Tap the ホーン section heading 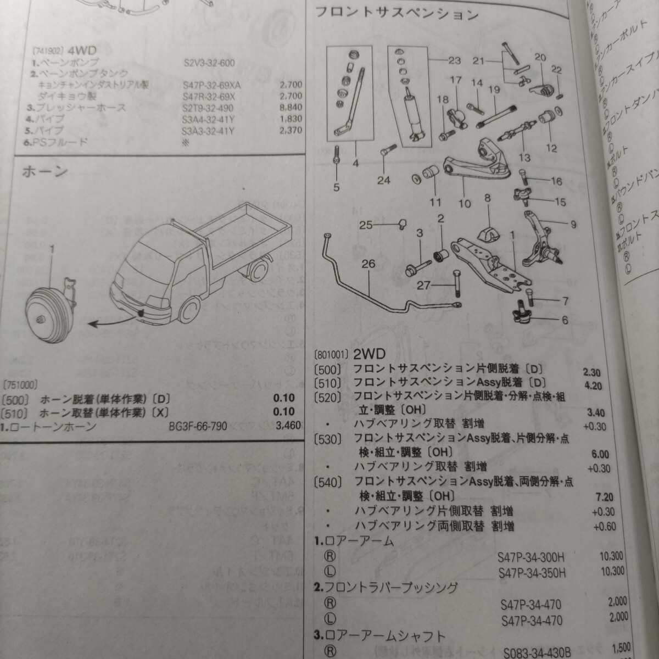click(45, 171)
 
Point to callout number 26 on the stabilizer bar click(368, 264)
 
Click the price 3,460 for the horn click(282, 426)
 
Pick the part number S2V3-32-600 click(209, 63)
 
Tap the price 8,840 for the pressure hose click(291, 107)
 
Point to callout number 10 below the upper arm click(465, 203)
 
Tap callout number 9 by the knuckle click(573, 224)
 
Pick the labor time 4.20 click(593, 386)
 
